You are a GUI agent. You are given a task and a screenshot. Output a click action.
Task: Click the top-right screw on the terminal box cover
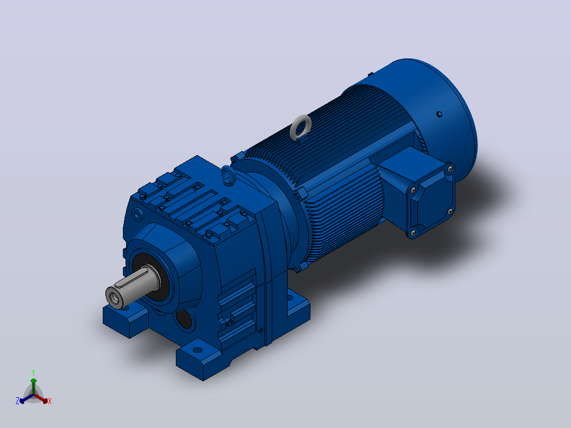(x=450, y=168)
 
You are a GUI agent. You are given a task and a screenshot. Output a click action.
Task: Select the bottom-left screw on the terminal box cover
(x=413, y=232)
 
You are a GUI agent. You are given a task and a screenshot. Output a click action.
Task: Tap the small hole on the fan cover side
(x=439, y=114)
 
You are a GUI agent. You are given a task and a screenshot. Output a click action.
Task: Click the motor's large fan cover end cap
(x=434, y=116)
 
